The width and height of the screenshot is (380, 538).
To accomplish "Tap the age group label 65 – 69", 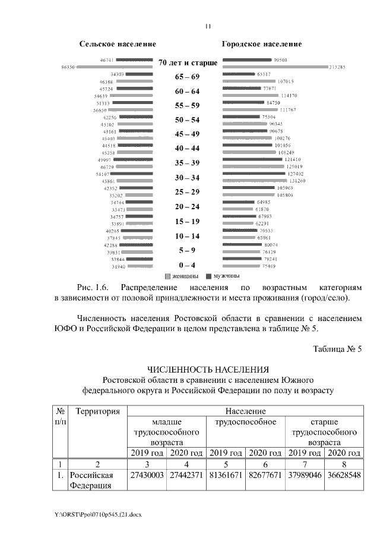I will point(187,77).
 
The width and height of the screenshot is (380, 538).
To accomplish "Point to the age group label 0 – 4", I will point(187,265).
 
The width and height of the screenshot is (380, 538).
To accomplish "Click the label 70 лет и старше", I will point(188,62).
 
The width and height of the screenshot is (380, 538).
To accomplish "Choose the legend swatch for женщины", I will point(168,277).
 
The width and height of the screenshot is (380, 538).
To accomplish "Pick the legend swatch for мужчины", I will point(208,277).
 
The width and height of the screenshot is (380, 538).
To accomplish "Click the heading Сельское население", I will point(118,44).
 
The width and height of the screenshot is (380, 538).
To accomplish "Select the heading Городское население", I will point(262,44).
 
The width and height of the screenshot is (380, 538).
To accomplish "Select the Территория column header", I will point(98,411).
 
